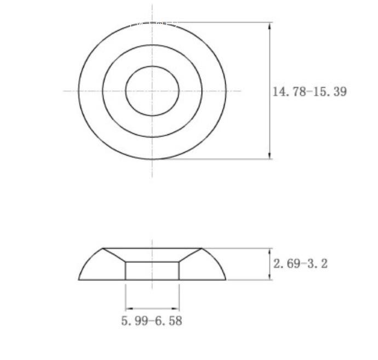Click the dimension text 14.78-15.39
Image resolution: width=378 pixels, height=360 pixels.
coord(310,92)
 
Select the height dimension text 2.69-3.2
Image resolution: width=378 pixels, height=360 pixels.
coord(300,264)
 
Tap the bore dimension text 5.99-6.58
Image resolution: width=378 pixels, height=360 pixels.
coord(152,321)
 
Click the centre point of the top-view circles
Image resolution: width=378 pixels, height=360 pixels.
coord(152,91)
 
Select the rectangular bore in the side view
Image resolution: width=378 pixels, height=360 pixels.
coord(152,271)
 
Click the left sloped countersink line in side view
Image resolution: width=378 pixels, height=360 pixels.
coord(114,255)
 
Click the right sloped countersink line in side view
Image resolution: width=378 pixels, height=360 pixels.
coord(190,255)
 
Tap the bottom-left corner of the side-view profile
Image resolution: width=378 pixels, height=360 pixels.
coord(79,280)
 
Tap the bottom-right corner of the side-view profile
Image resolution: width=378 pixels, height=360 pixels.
coord(226,280)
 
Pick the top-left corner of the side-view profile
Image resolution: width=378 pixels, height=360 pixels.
coord(104,248)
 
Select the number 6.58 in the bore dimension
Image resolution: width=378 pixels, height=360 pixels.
coord(168,321)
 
